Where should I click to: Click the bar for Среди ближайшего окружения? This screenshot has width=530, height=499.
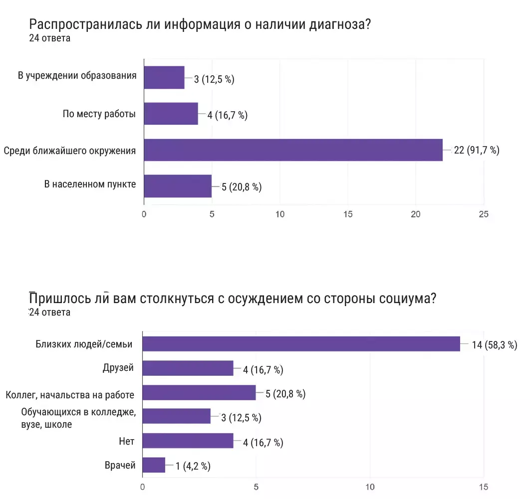click(293, 150)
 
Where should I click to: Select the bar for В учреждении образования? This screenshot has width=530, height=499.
click(164, 77)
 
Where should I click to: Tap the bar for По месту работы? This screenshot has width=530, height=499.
click(171, 114)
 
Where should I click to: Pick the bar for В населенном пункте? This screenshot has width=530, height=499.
click(178, 186)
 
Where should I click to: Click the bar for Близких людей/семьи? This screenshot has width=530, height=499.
click(301, 344)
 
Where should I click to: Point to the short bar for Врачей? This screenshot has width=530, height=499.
click(154, 465)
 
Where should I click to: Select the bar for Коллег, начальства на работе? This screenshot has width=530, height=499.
click(199, 393)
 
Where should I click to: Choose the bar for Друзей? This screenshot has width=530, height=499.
click(188, 368)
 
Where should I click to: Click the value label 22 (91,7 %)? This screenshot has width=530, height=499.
click(476, 151)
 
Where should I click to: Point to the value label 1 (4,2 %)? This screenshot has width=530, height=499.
click(193, 466)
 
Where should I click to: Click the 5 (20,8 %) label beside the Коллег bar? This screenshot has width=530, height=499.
click(285, 394)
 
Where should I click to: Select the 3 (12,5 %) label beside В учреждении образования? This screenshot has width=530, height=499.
click(214, 79)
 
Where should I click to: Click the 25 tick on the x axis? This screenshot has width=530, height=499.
click(483, 214)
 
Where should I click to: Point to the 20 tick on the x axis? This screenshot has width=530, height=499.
click(415, 214)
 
